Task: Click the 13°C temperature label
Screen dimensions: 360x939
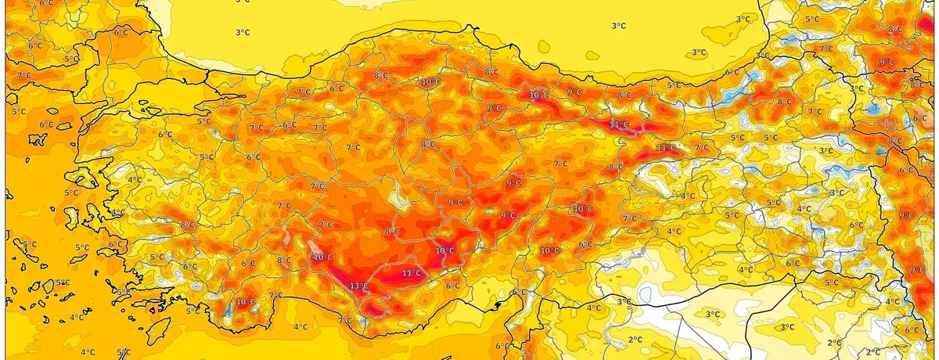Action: click(358, 286)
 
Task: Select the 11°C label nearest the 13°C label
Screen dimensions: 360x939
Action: click(411, 274)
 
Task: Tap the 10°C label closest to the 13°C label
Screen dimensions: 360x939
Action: click(322, 257)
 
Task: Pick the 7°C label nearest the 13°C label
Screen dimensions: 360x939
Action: click(344, 321)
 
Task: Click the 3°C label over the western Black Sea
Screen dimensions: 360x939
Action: click(243, 32)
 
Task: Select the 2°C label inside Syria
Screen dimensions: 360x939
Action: click(635, 340)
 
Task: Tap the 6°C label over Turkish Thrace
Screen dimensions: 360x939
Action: click(121, 33)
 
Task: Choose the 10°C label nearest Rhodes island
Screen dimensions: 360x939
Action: click(245, 302)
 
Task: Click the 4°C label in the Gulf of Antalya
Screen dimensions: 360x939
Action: click(300, 326)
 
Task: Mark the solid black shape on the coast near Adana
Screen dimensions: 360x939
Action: click(517, 293)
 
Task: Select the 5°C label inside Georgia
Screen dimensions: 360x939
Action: click(812, 19)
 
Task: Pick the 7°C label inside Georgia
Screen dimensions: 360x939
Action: click(826, 49)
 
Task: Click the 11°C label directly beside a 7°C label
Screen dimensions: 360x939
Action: click(666, 148)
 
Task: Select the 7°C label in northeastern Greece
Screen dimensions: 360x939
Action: click(23, 75)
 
